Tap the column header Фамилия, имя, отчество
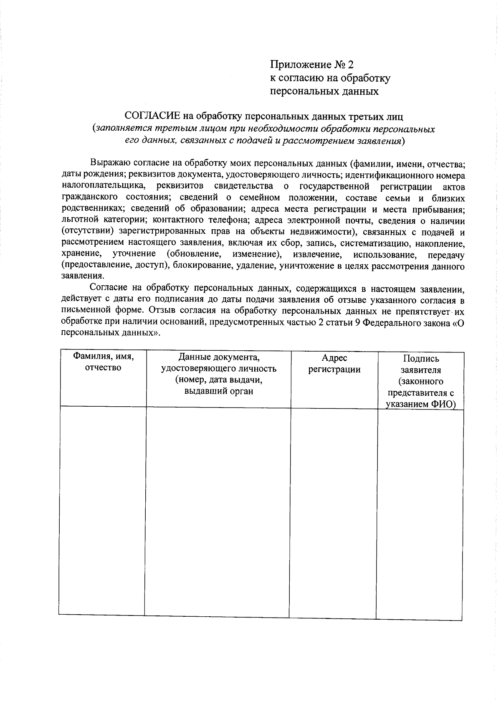[x=103, y=362]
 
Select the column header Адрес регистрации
[x=334, y=364]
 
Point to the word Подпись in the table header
[x=421, y=359]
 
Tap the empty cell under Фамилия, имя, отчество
[x=102, y=512]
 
